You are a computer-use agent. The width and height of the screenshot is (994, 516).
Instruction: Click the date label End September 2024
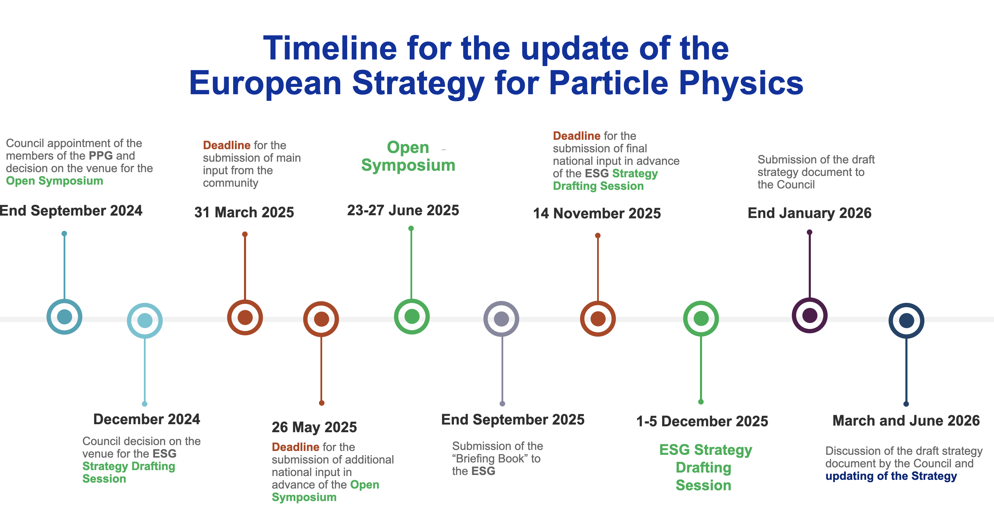[71, 211]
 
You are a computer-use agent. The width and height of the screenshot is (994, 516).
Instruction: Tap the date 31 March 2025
[244, 212]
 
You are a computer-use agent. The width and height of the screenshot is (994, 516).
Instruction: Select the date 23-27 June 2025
[403, 210]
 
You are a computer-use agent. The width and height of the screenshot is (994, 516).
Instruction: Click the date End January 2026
[809, 213]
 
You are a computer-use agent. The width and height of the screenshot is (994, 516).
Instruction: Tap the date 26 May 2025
[314, 427]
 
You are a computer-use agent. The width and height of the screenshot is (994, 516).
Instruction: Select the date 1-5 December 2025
[702, 421]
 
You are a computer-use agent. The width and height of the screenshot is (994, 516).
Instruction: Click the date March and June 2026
[906, 421]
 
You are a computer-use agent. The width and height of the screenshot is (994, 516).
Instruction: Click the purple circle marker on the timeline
[809, 315]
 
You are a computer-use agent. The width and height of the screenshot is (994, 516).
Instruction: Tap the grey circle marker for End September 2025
[501, 319]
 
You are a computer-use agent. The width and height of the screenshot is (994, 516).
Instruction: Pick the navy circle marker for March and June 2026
[906, 320]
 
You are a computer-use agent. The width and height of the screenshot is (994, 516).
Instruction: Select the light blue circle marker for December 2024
[145, 320]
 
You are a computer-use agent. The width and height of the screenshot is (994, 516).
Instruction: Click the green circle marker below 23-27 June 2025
[412, 316]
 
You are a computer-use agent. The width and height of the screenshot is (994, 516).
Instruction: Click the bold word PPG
[100, 156]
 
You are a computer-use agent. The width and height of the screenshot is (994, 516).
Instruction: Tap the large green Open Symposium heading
[408, 156]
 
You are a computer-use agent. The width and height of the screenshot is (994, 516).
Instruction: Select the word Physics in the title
[741, 83]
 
